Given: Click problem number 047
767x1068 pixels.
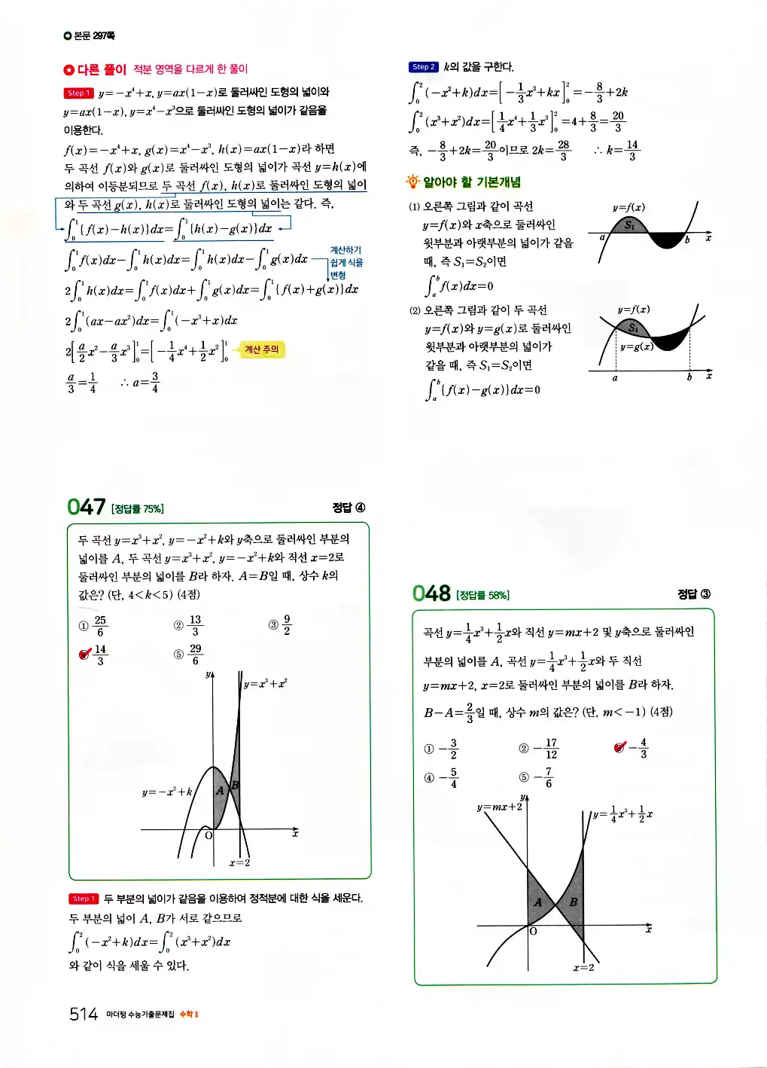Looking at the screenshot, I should click(86, 507).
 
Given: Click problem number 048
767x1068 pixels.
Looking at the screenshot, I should click(431, 594).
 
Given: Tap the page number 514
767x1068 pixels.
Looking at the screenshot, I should click(84, 1014).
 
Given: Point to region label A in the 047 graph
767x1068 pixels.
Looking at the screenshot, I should click(220, 790).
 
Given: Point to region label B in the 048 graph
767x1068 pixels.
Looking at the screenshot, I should click(573, 902).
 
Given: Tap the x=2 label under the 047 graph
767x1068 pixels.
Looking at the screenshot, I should click(239, 862).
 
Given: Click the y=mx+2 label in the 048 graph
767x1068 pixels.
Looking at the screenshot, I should click(499, 807).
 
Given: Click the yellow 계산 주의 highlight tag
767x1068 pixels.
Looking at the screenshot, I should click(261, 349).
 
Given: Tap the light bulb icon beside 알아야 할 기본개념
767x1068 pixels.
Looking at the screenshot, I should click(412, 182).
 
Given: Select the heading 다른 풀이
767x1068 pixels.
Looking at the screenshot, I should click(102, 69).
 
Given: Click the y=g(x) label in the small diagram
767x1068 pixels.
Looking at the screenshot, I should click(636, 346).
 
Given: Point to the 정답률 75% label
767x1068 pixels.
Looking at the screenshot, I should click(137, 509).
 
